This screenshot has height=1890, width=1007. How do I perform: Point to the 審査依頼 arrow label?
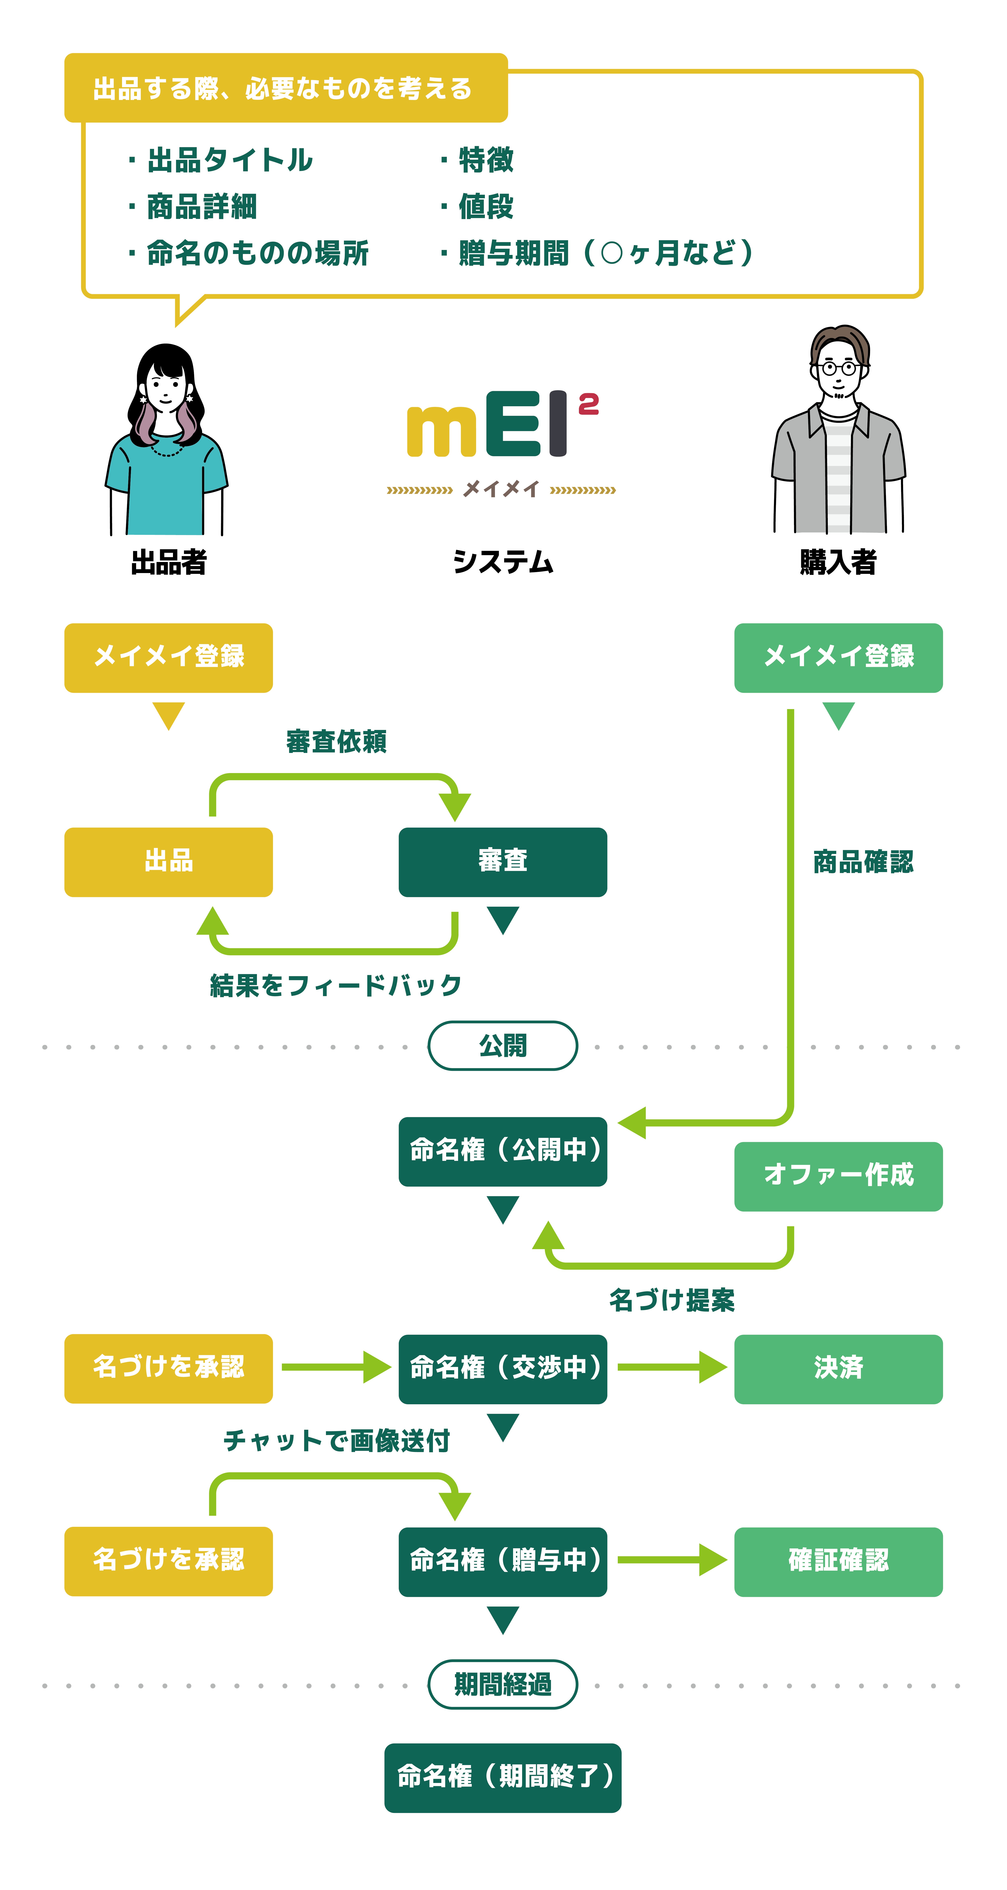[x=336, y=742]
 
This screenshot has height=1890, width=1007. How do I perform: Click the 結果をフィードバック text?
[x=336, y=985]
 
